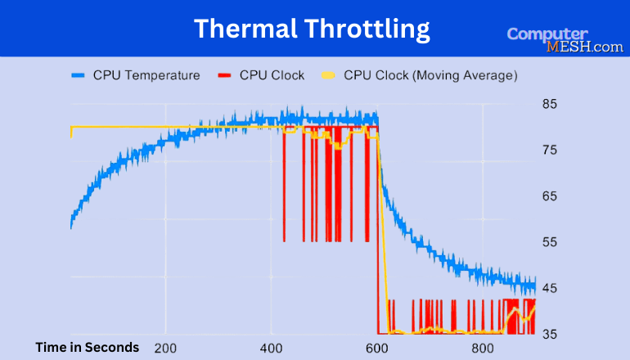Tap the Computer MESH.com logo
[565, 40]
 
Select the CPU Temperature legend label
[146, 76]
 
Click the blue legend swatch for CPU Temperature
[78, 76]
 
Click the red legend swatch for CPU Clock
[225, 76]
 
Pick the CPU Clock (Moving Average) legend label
[430, 76]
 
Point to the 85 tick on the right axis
[550, 104]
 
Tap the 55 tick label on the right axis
[550, 241]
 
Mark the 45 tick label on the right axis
[550, 287]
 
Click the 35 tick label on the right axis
[550, 333]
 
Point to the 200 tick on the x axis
[165, 347]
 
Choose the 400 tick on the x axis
[272, 347]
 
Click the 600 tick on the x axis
[377, 347]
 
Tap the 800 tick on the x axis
[483, 347]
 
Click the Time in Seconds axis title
[88, 347]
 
